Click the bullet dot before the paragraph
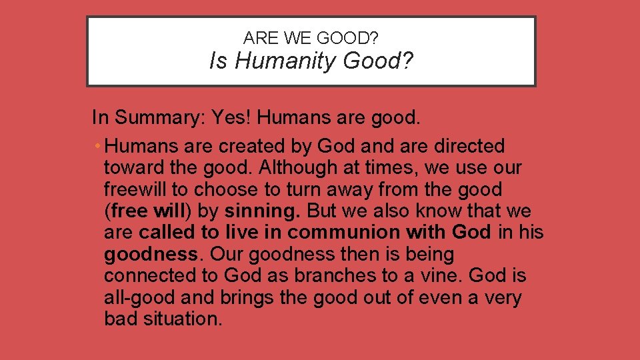point(97,146)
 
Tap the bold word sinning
point(262,211)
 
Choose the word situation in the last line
point(181,319)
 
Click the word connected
point(146,276)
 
